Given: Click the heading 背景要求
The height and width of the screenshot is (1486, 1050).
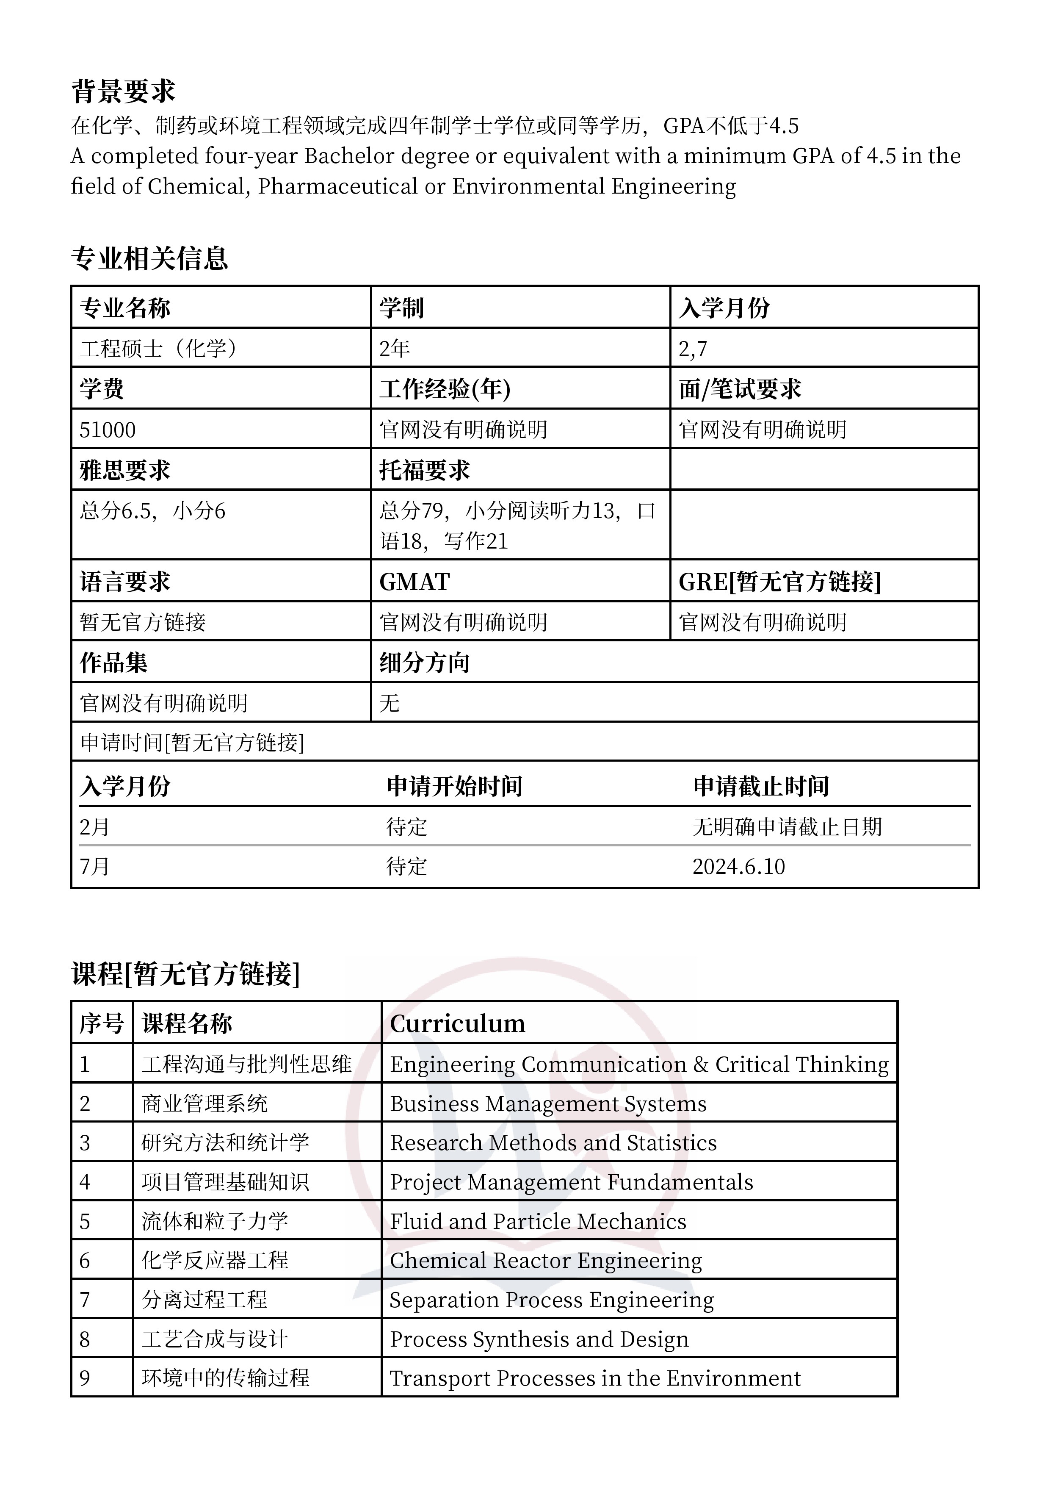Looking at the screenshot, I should [123, 91].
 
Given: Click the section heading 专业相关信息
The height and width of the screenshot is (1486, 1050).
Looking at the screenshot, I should [149, 258].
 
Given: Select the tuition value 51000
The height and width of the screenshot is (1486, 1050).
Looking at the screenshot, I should [108, 430].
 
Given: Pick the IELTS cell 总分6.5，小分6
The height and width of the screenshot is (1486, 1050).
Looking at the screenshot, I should [153, 511].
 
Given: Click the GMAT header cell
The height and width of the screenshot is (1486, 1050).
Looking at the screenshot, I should [414, 582].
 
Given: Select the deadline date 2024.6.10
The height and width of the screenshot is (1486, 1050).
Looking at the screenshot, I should [738, 867].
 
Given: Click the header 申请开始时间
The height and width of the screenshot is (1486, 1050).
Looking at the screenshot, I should [455, 786].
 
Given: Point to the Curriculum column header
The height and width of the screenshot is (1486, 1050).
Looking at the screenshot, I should [457, 1023].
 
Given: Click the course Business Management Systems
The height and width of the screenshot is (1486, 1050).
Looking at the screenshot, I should [548, 1103].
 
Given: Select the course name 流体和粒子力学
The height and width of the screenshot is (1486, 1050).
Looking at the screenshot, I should [215, 1221].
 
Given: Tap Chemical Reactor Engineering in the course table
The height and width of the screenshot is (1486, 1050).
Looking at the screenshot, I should [545, 1260].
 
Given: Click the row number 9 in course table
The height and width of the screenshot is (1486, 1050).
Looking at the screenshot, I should [85, 1378].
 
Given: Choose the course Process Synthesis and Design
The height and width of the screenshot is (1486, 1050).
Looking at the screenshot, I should [539, 1339].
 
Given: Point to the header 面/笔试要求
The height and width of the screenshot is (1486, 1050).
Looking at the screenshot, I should [740, 389].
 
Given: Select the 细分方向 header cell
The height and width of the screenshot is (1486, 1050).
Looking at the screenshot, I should [424, 663].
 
